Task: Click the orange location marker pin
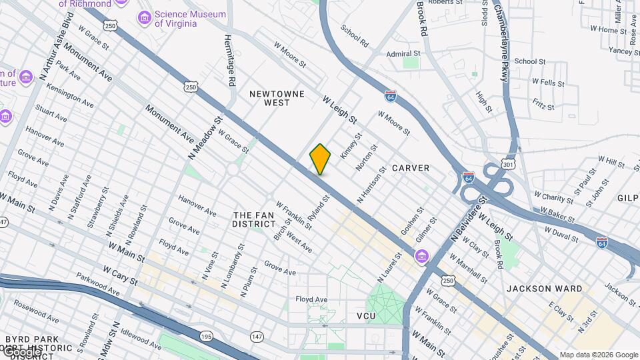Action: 320,159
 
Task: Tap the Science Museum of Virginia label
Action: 176,19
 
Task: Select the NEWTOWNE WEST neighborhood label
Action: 277,99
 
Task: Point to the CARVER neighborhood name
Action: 411,168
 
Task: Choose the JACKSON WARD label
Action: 544,289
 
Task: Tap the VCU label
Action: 367,316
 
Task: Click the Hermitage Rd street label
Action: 229,61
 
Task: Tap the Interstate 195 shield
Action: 207,337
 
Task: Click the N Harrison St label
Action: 372,185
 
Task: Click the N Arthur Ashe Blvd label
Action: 56,46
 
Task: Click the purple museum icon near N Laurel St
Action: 421,256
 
